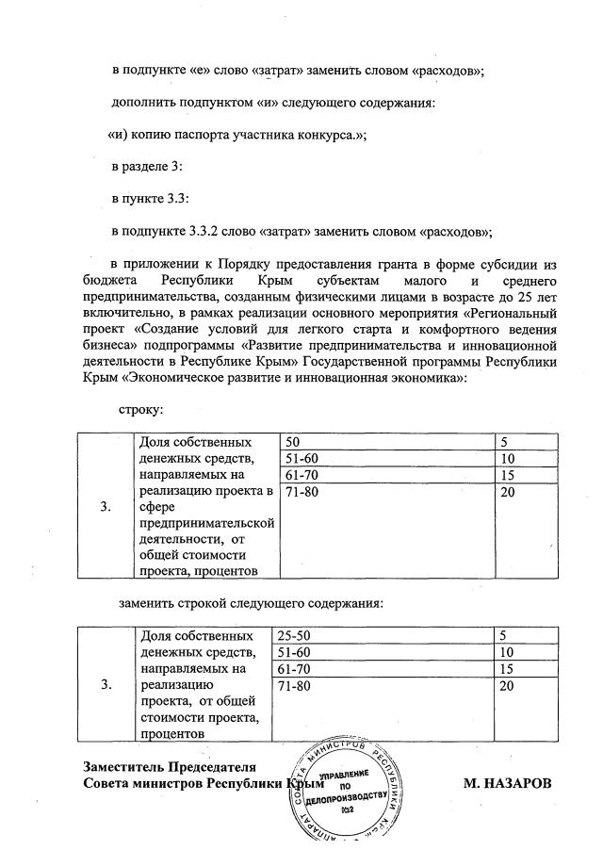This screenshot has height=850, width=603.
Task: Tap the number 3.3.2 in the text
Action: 204,231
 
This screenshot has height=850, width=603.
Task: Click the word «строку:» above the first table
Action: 141,409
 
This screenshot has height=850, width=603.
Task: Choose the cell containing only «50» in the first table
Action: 292,441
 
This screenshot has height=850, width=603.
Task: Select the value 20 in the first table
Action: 508,491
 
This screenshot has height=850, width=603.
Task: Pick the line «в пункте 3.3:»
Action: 151,199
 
